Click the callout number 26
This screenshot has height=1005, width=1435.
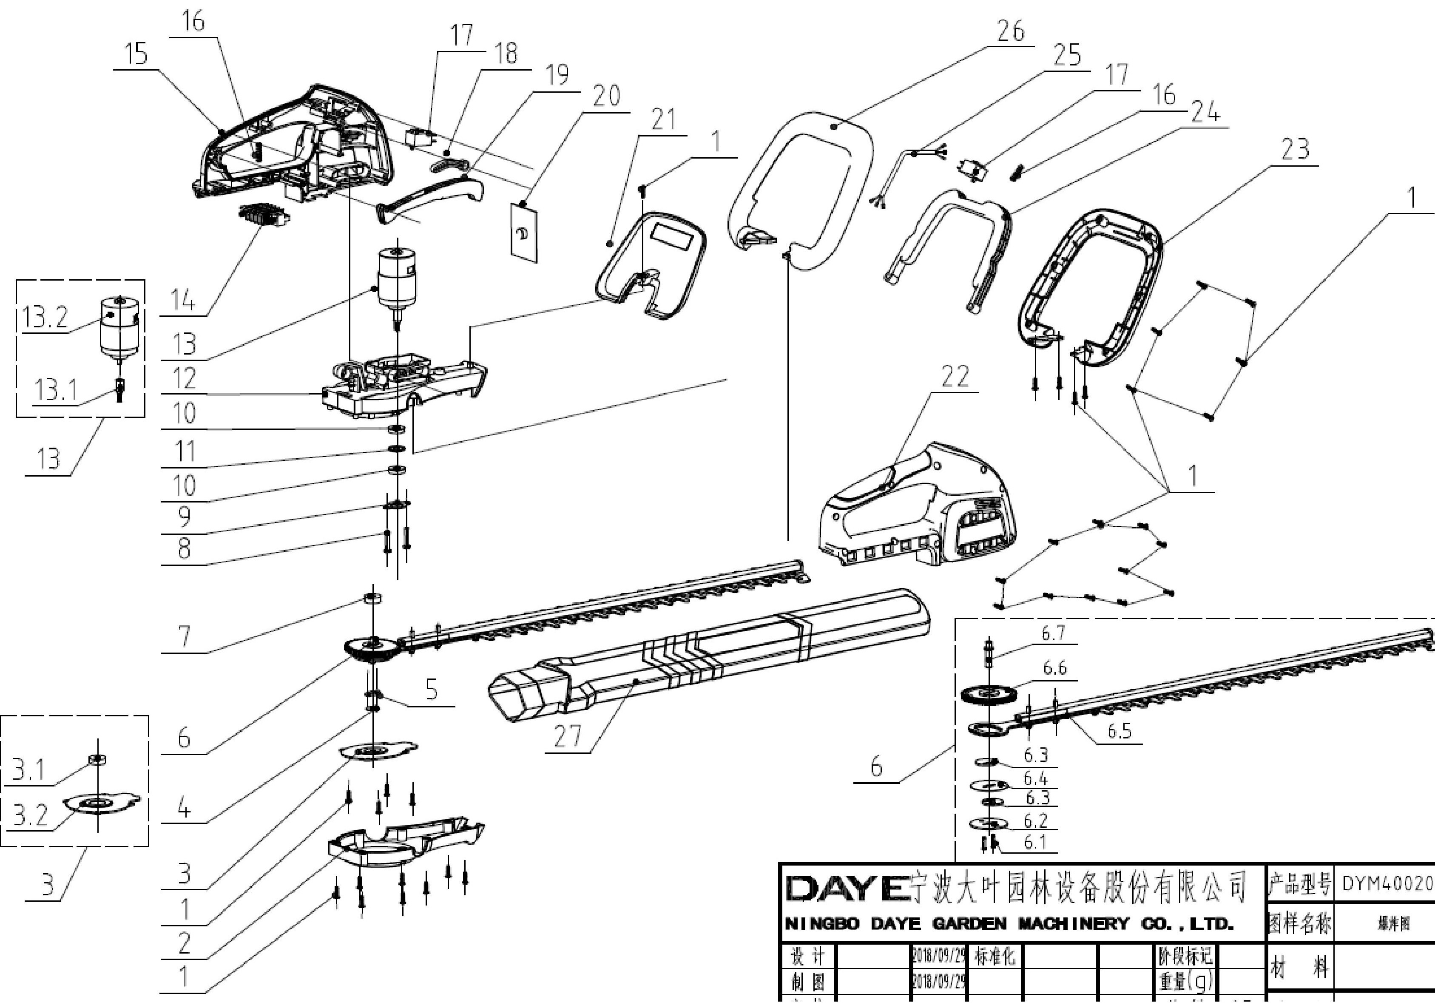click(x=1011, y=31)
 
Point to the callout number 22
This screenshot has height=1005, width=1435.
click(x=955, y=376)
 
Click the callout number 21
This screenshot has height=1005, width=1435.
click(x=663, y=119)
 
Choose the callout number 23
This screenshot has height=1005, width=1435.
click(x=1294, y=149)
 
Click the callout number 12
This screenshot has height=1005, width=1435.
click(x=184, y=378)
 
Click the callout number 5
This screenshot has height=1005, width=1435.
click(x=431, y=690)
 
